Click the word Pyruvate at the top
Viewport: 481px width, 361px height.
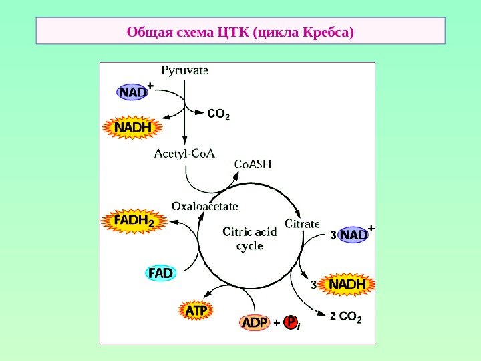point(184,70)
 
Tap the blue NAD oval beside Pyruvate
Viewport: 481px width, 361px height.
point(132,92)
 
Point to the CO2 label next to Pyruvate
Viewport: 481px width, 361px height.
point(218,114)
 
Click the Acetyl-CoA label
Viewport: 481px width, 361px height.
point(184,154)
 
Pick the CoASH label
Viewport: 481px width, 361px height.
point(253,164)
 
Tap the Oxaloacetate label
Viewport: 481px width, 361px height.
point(205,206)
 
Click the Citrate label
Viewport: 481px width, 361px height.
point(302,223)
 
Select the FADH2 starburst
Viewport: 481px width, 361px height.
point(134,221)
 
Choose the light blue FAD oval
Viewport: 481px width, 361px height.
point(161,273)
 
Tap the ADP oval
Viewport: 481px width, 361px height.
point(255,324)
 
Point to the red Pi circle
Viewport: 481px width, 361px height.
point(291,323)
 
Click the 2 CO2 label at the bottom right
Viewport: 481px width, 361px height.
point(345,318)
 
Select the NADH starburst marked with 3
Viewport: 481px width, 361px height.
point(348,285)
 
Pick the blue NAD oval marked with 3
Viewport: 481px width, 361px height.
point(354,235)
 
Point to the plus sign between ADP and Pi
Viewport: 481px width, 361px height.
point(276,324)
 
